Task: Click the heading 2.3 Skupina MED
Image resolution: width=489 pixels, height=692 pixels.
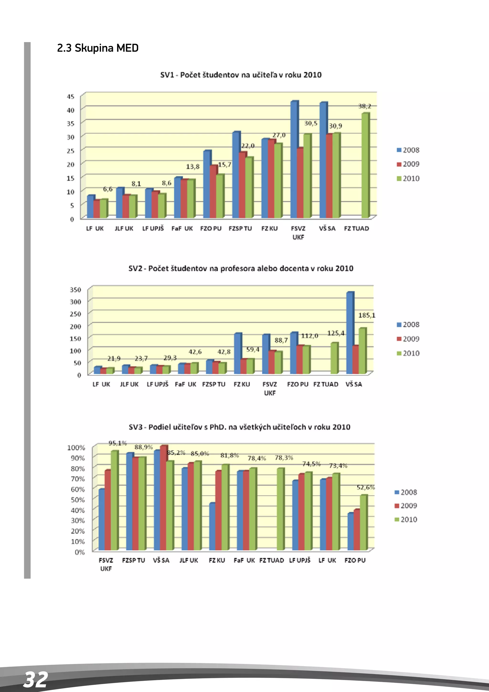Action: pyautogui.click(x=98, y=48)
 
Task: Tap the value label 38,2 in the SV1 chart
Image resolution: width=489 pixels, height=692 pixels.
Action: pyautogui.click(x=364, y=106)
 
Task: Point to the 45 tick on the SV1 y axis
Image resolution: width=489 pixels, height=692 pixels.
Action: pyautogui.click(x=70, y=97)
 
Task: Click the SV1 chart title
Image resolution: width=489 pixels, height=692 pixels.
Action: pyautogui.click(x=241, y=75)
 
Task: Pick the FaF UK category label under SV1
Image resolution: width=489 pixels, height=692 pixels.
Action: pyautogui.click(x=182, y=228)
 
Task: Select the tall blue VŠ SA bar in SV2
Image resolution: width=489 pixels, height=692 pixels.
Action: pyautogui.click(x=350, y=333)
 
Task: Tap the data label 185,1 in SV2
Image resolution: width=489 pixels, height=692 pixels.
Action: pyautogui.click(x=367, y=315)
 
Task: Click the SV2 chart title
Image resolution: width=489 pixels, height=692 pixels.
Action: pyautogui.click(x=241, y=268)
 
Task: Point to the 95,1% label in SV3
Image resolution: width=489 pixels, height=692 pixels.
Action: pyautogui.click(x=117, y=443)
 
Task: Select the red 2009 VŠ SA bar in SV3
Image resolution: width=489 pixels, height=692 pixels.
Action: pyautogui.click(x=163, y=497)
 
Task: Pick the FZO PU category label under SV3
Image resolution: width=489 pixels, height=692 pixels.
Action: pyautogui.click(x=355, y=560)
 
